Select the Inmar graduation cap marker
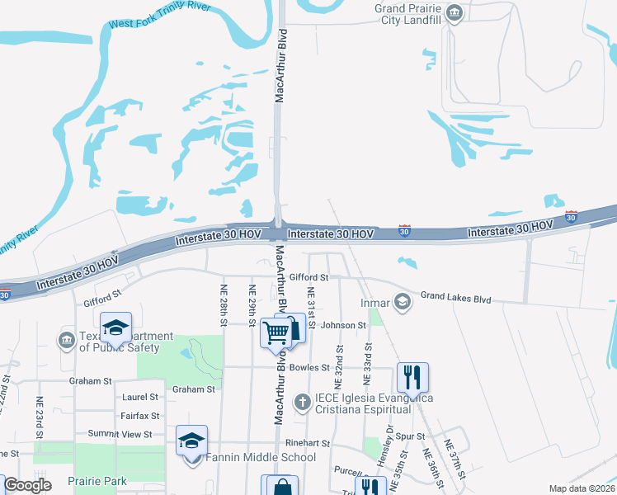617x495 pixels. [x=402, y=302]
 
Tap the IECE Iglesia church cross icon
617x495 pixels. [x=302, y=402]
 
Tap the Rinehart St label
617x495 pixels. [x=308, y=443]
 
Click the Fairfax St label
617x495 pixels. [x=139, y=417]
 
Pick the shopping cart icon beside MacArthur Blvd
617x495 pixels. [x=276, y=332]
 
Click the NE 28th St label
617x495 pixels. [x=223, y=304]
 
